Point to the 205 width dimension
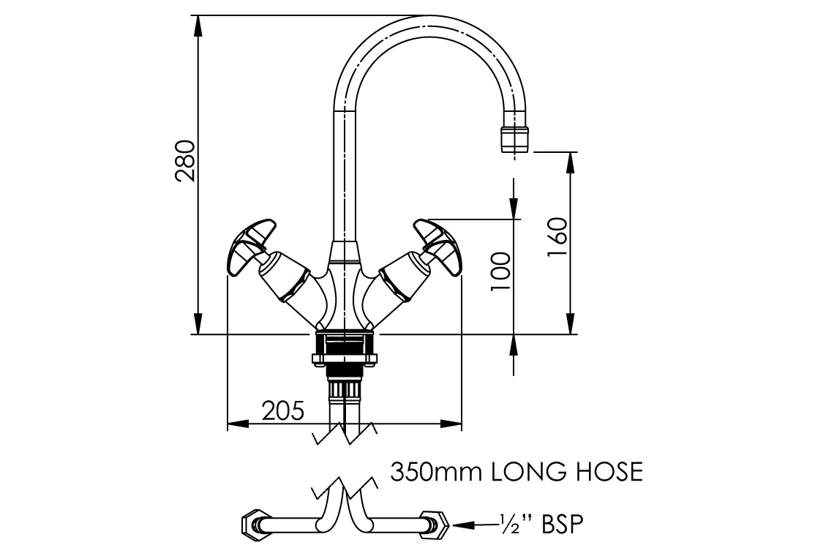point(282,410)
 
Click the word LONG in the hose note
point(526,472)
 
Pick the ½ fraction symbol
point(509,524)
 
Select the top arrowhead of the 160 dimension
point(570,162)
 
